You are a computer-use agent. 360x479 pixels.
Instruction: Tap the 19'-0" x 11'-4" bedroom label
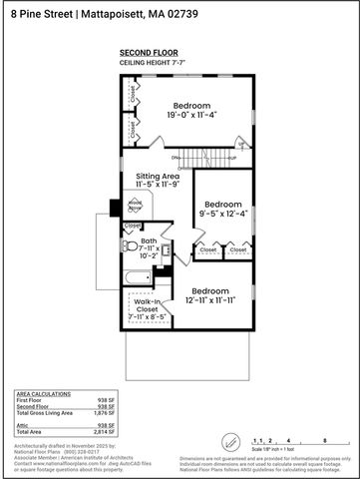(191, 111)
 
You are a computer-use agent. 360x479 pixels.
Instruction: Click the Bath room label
(149, 246)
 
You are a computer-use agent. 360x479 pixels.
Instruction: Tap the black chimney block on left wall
(115, 207)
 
